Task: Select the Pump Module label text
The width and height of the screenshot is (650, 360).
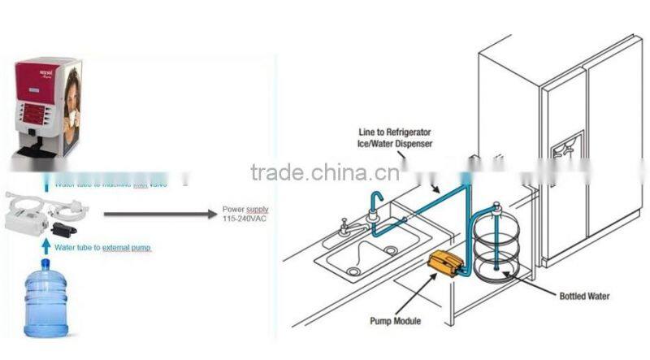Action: pyautogui.click(x=394, y=322)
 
